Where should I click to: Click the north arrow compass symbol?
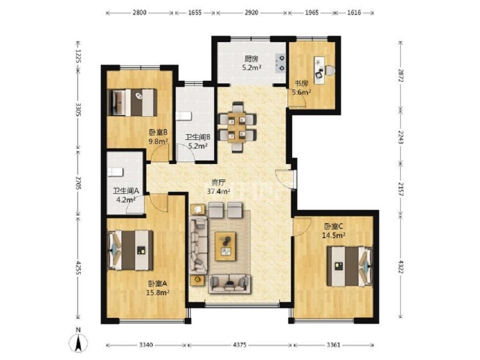(x=78, y=342)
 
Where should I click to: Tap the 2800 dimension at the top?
(x=139, y=13)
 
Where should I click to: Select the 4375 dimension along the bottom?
(x=239, y=345)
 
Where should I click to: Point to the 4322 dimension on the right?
(x=400, y=266)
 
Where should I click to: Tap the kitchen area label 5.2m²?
(x=252, y=68)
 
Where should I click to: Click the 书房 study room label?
(x=301, y=83)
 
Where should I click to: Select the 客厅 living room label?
(x=219, y=183)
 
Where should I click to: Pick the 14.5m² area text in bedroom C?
(x=333, y=235)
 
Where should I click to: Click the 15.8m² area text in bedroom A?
(x=158, y=292)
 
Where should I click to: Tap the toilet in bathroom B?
(x=184, y=117)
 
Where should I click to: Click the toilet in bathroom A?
(x=115, y=172)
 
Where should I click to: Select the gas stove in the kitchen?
(x=280, y=62)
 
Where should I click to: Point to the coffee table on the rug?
(x=226, y=246)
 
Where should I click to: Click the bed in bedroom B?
(x=133, y=102)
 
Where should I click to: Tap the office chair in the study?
(x=330, y=71)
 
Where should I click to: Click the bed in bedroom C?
(x=350, y=266)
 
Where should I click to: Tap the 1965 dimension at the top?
(x=312, y=13)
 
